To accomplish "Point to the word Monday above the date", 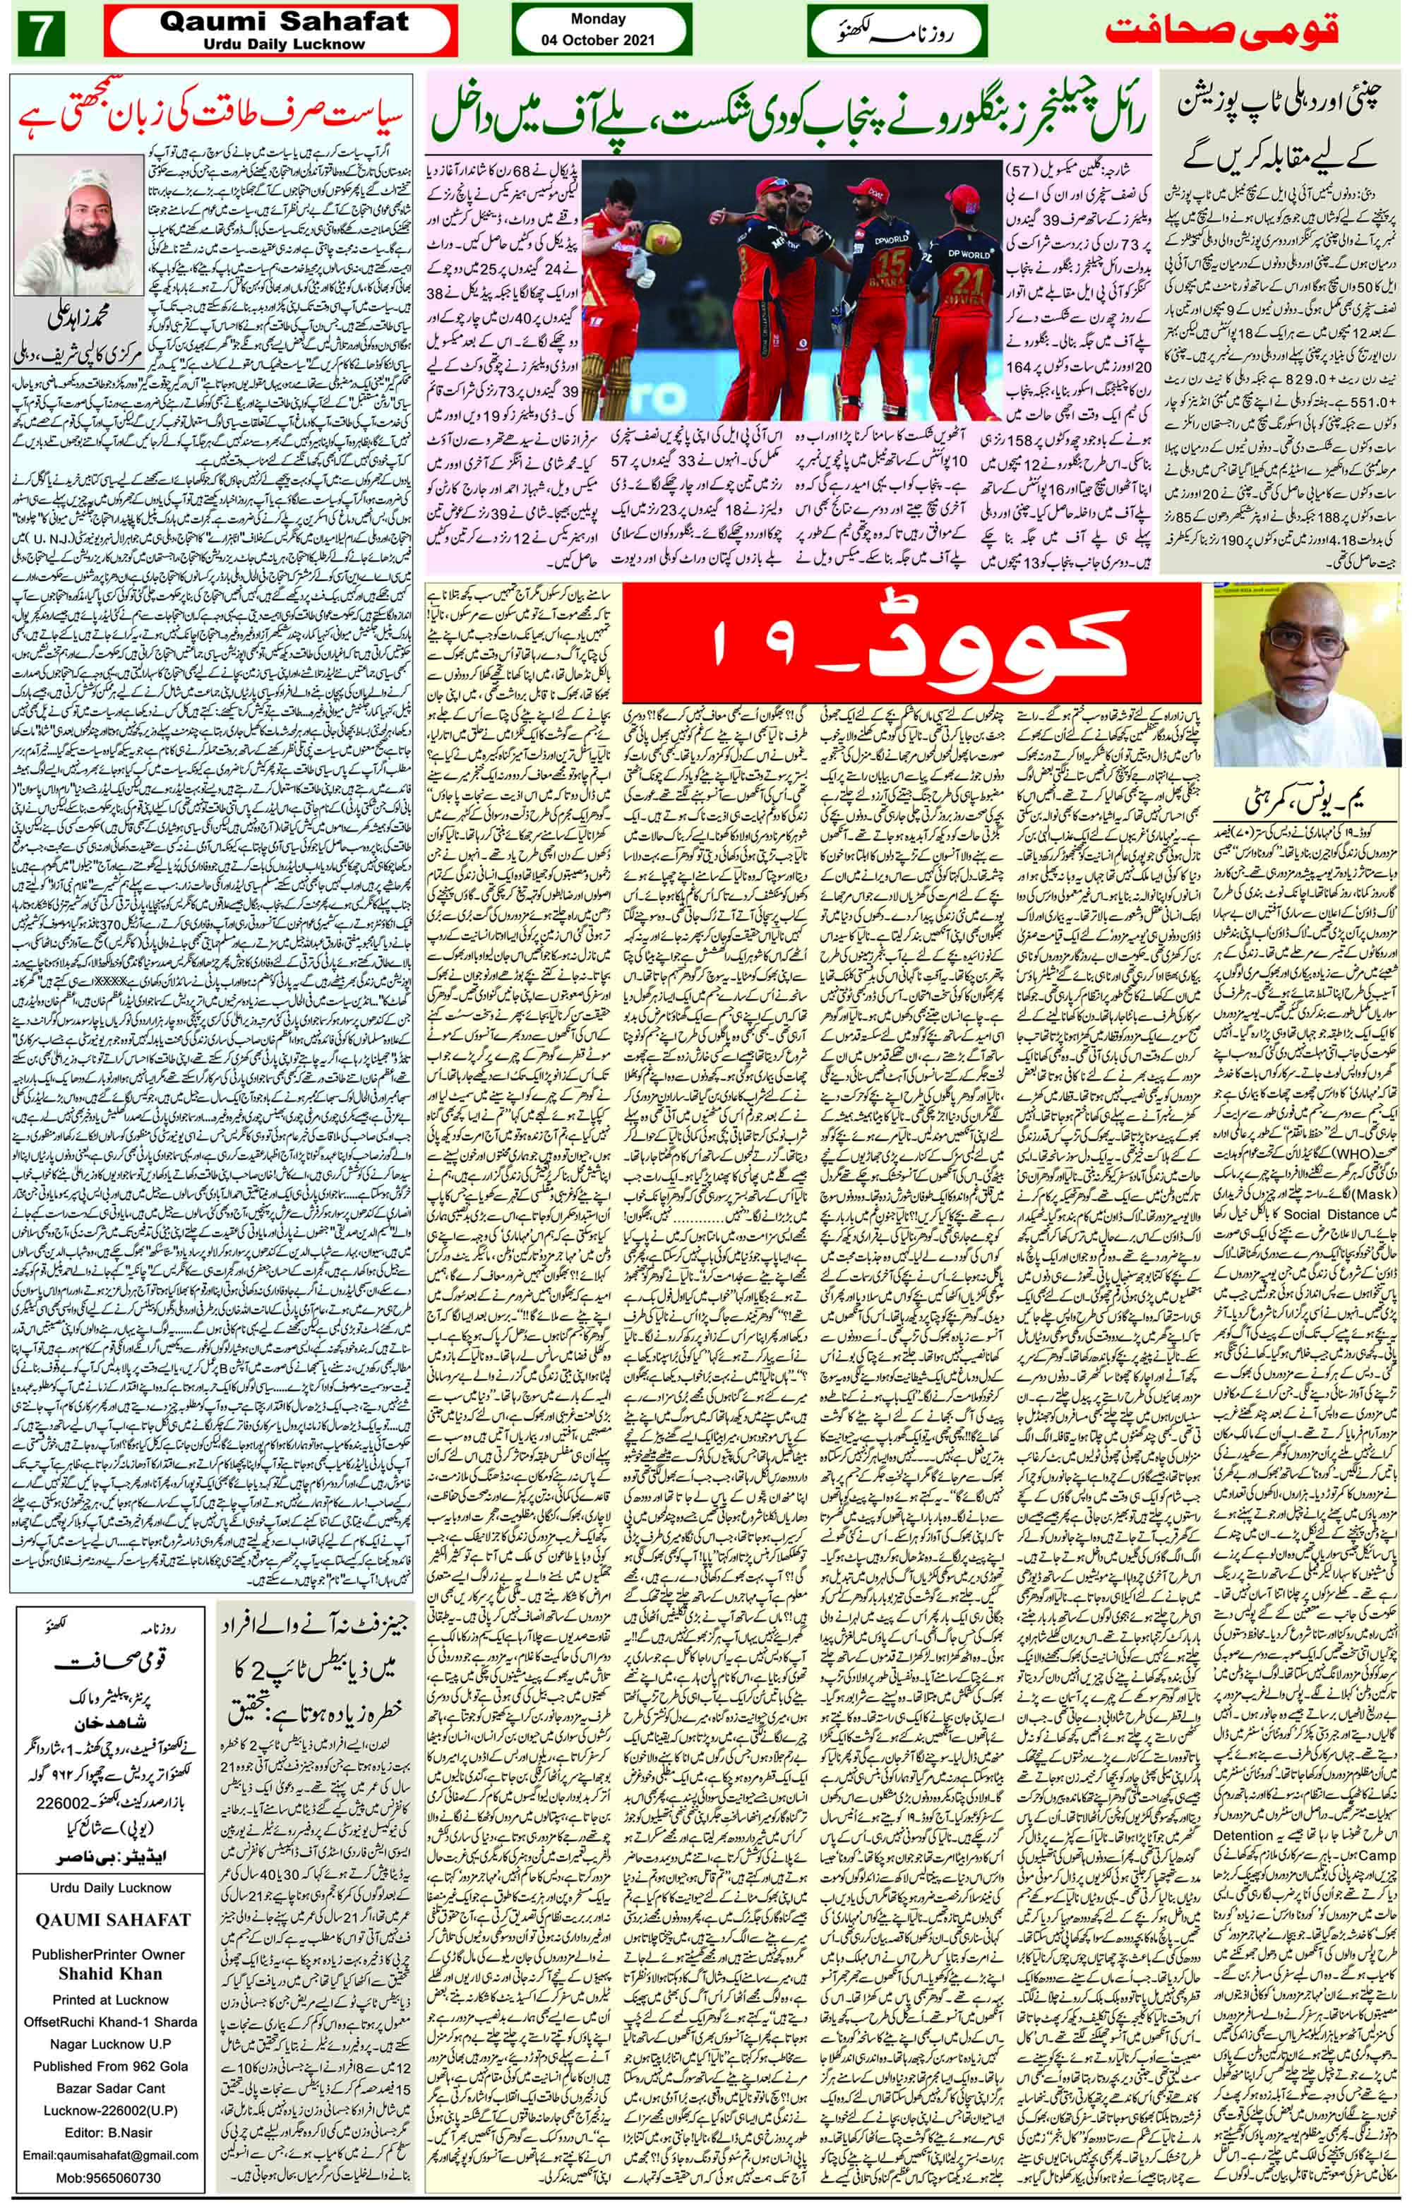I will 598,18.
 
